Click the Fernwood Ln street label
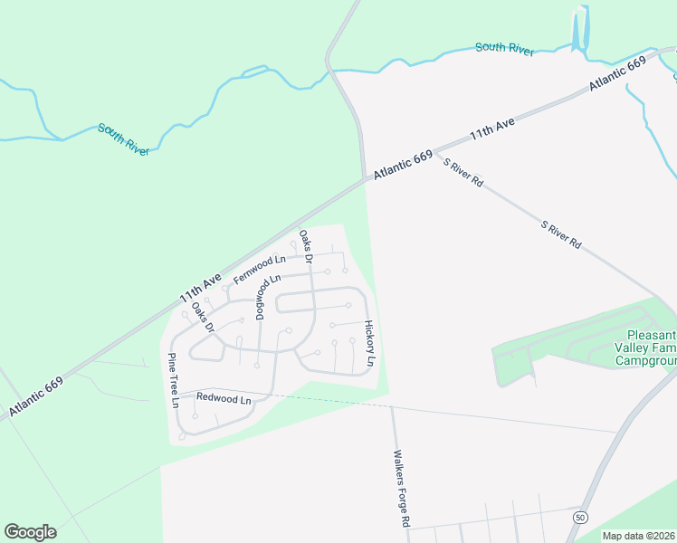click(260, 270)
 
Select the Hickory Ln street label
click(369, 343)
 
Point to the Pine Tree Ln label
click(173, 380)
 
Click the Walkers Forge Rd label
click(401, 489)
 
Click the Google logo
click(30, 532)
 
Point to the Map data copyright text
click(639, 536)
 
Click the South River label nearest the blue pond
click(505, 48)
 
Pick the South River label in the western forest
click(123, 139)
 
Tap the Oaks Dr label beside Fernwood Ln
click(306, 246)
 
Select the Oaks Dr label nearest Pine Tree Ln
click(203, 317)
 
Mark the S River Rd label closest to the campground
click(560, 233)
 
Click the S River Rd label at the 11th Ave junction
click(463, 172)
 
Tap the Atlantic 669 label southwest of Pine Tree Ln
click(36, 399)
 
